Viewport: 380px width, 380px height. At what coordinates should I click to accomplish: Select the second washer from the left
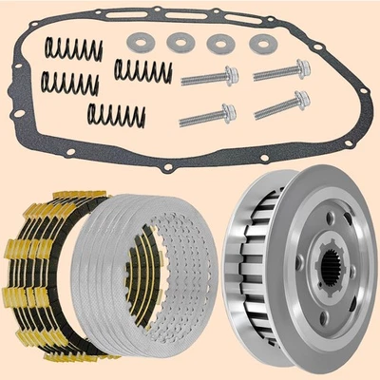pos(179,43)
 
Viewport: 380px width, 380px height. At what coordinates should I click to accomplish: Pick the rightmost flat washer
pos(258,43)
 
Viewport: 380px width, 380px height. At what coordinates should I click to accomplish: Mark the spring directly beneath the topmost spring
pos(71,85)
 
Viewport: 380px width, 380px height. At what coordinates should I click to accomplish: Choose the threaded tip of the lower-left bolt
pos(184,118)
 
